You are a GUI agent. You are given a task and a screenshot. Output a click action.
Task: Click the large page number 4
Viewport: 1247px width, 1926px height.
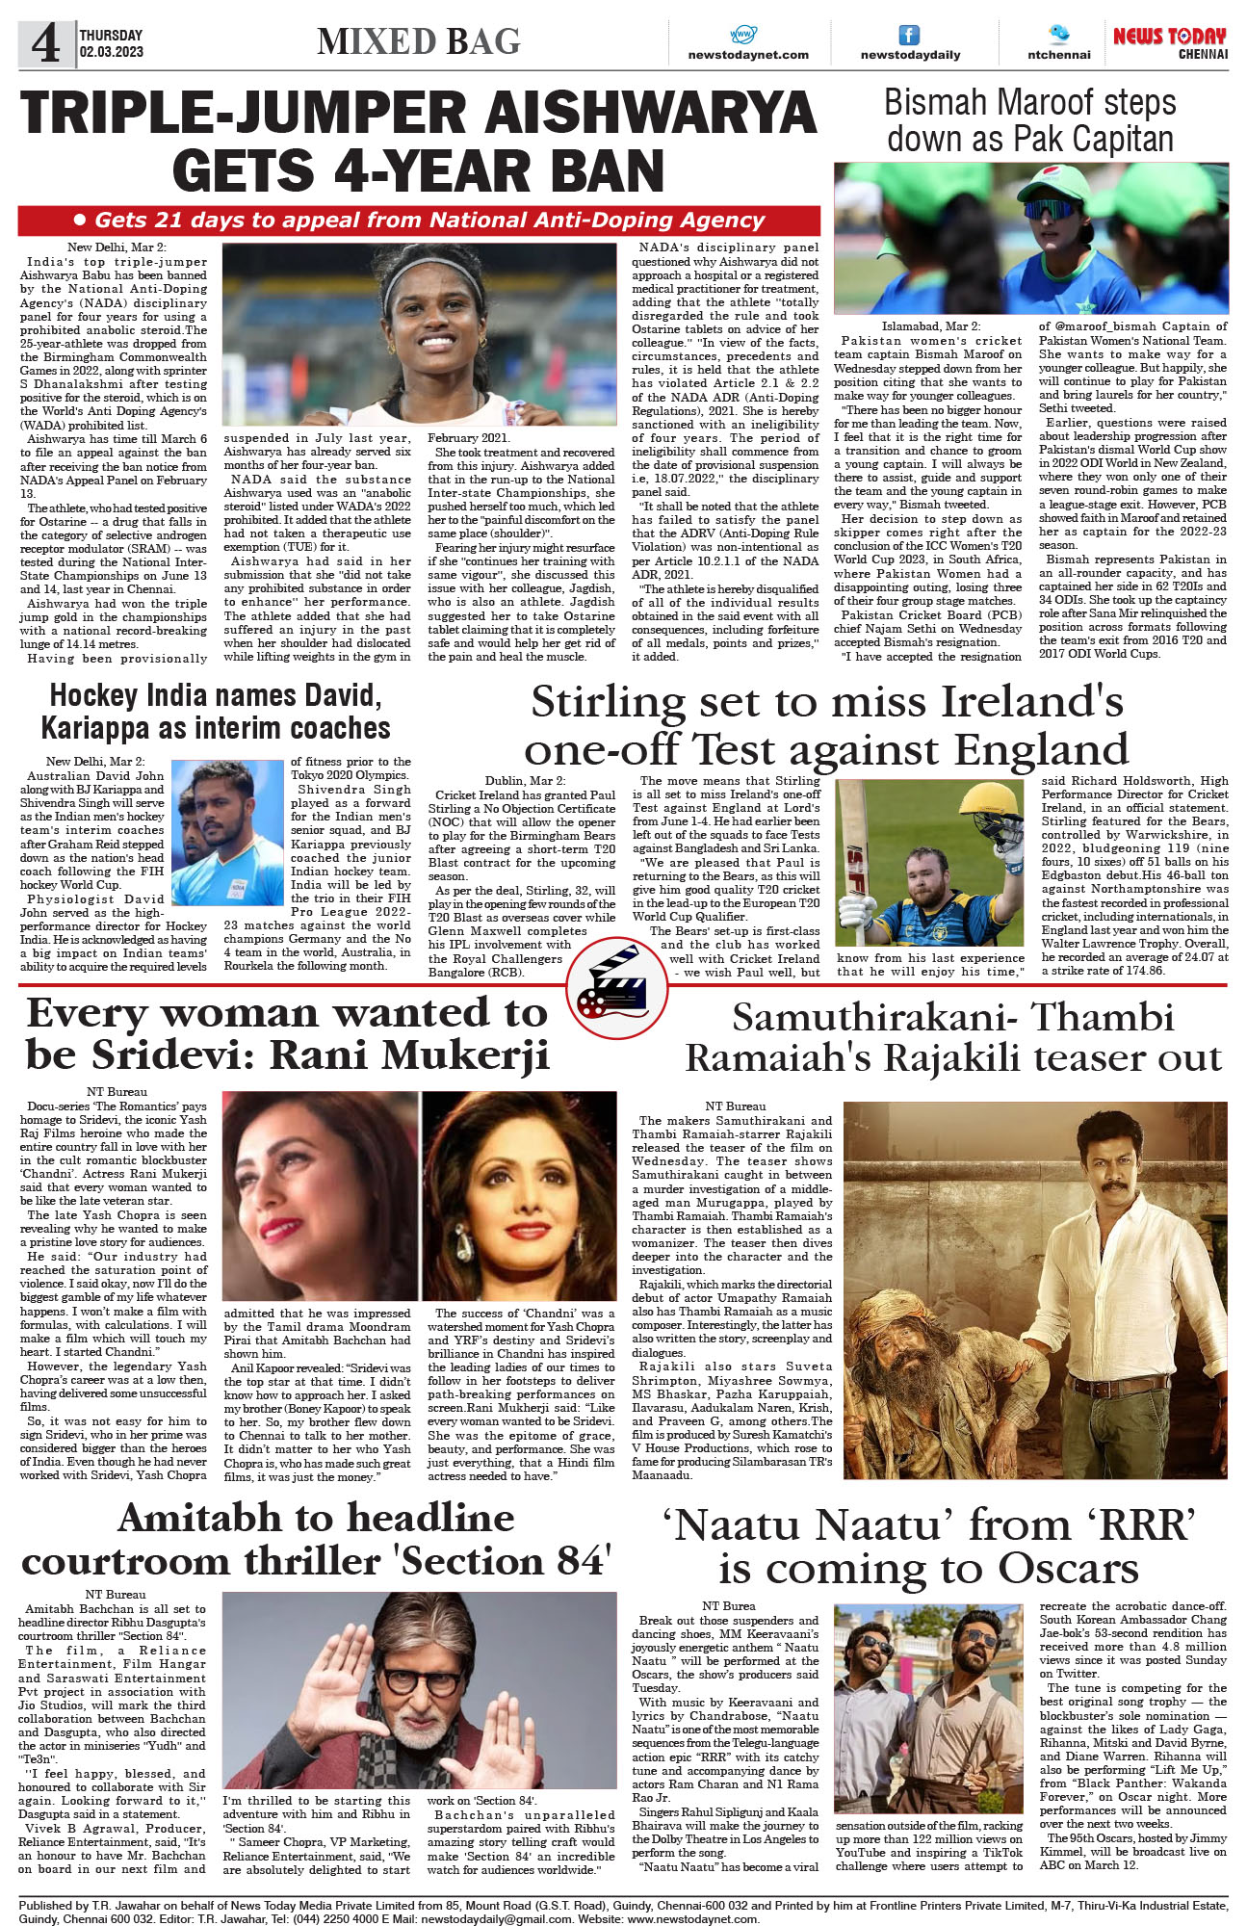45,43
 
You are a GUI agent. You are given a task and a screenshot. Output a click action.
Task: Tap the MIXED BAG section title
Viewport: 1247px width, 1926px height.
419,41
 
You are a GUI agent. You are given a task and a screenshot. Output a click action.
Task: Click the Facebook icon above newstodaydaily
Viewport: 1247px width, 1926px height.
908,36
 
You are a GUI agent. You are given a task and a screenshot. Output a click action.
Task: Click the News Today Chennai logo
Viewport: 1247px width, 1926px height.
1169,42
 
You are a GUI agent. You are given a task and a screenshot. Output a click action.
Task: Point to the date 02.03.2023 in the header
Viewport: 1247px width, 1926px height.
112,52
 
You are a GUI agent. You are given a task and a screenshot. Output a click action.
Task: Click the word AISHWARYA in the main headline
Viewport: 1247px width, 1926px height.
651,113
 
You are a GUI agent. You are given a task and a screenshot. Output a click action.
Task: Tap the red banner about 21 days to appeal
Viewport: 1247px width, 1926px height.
419,221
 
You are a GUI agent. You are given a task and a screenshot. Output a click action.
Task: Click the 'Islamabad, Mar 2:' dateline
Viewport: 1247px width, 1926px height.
930,326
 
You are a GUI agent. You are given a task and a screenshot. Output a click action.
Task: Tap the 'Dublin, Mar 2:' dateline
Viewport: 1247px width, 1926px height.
525,781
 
